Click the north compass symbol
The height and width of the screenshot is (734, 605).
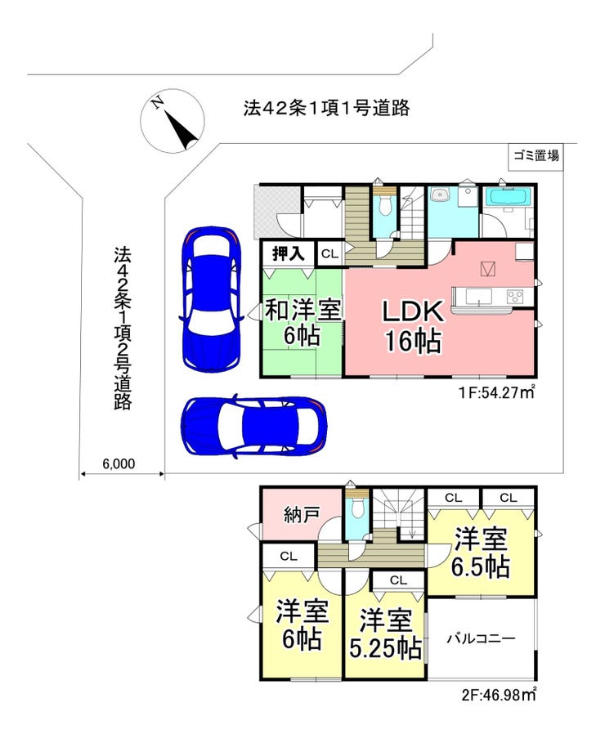click(173, 121)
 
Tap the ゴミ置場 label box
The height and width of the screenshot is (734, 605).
click(536, 156)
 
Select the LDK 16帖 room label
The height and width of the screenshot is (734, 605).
click(413, 326)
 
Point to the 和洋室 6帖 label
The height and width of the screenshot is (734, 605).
click(302, 321)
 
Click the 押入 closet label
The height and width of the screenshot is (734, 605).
click(289, 253)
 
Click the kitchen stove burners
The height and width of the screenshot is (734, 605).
click(515, 297)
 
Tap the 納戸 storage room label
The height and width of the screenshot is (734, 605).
click(302, 515)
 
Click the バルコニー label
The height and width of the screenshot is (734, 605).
click(481, 638)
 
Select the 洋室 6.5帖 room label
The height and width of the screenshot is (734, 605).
click(481, 553)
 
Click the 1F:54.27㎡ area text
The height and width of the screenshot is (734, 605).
click(496, 392)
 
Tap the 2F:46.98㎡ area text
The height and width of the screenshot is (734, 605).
click(498, 695)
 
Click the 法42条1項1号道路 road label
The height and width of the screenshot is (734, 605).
click(326, 108)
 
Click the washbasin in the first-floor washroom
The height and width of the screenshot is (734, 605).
click(440, 195)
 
